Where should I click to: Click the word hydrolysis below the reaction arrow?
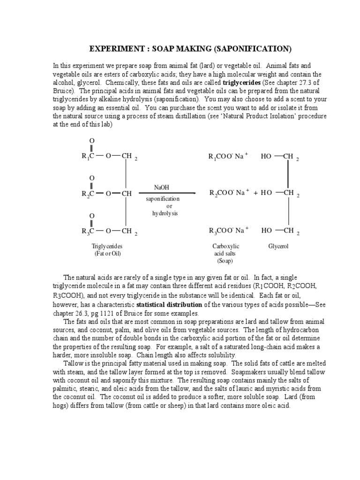[163, 214]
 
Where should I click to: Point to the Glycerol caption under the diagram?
[278, 246]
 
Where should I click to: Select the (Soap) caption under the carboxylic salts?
[225, 261]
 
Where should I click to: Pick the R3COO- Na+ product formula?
[228, 231]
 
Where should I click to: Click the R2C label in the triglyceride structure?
[88, 193]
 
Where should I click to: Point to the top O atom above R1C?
[91, 141]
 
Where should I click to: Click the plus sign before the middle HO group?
[256, 193]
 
